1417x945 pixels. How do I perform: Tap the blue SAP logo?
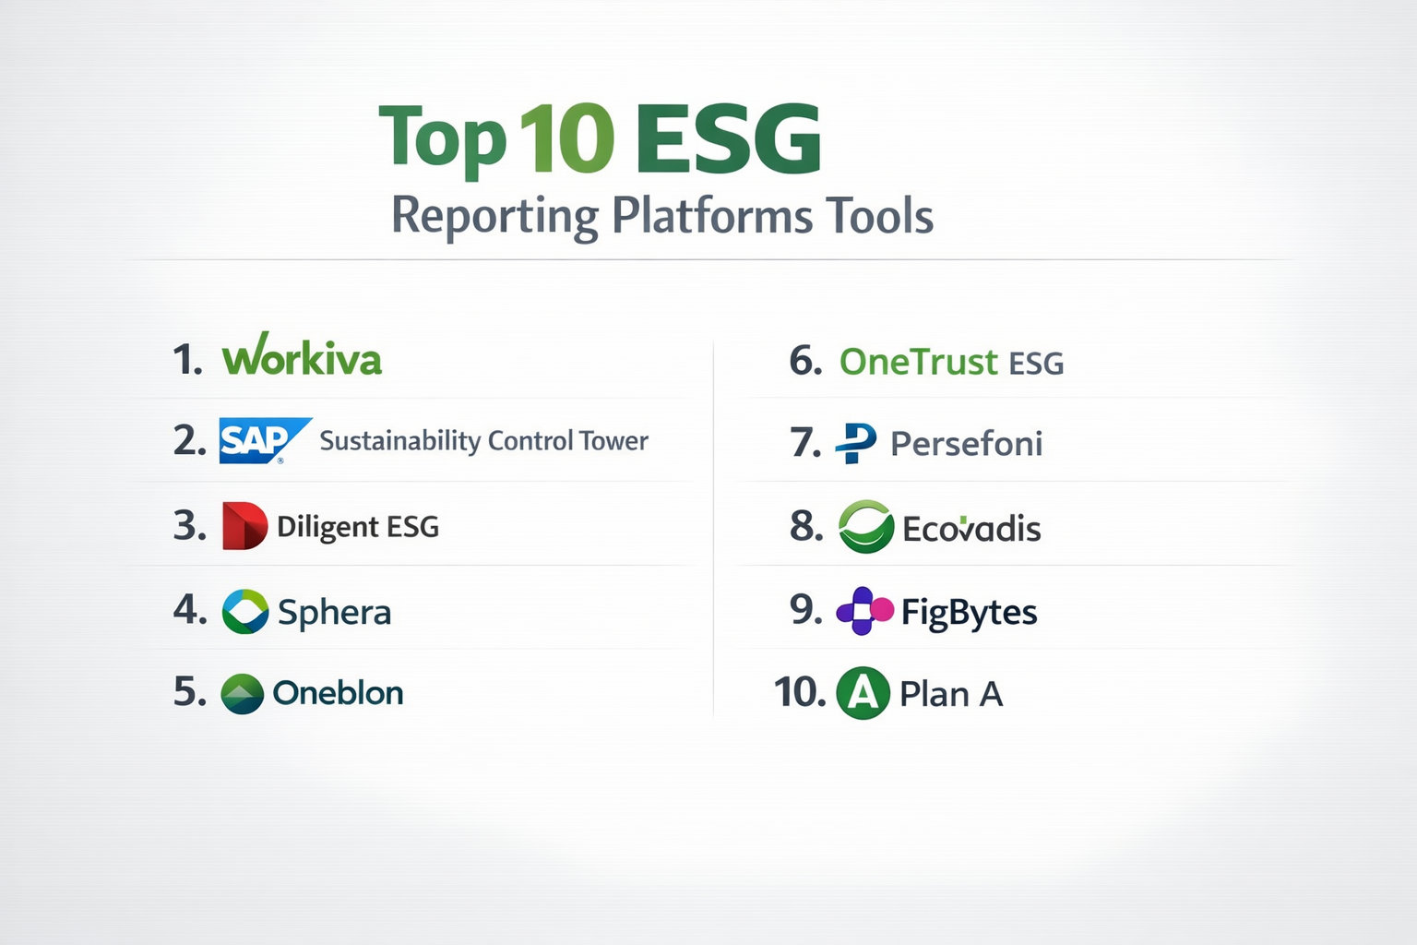265,440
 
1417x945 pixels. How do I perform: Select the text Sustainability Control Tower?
484,440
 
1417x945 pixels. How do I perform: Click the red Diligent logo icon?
244,525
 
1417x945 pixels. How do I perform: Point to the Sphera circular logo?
245,612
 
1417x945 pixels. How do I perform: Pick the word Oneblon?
338,693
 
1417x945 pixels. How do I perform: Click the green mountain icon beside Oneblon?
243,694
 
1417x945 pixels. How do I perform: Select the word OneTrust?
919,362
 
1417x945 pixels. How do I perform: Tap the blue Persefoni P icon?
856,443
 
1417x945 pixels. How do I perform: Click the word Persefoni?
967,443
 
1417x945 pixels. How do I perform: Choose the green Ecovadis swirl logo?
866,527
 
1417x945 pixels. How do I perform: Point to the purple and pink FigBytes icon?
864,611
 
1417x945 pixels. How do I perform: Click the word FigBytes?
970,613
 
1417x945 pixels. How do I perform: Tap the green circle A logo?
863,693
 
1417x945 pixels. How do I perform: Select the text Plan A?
951,694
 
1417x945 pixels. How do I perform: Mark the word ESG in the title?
729,138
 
